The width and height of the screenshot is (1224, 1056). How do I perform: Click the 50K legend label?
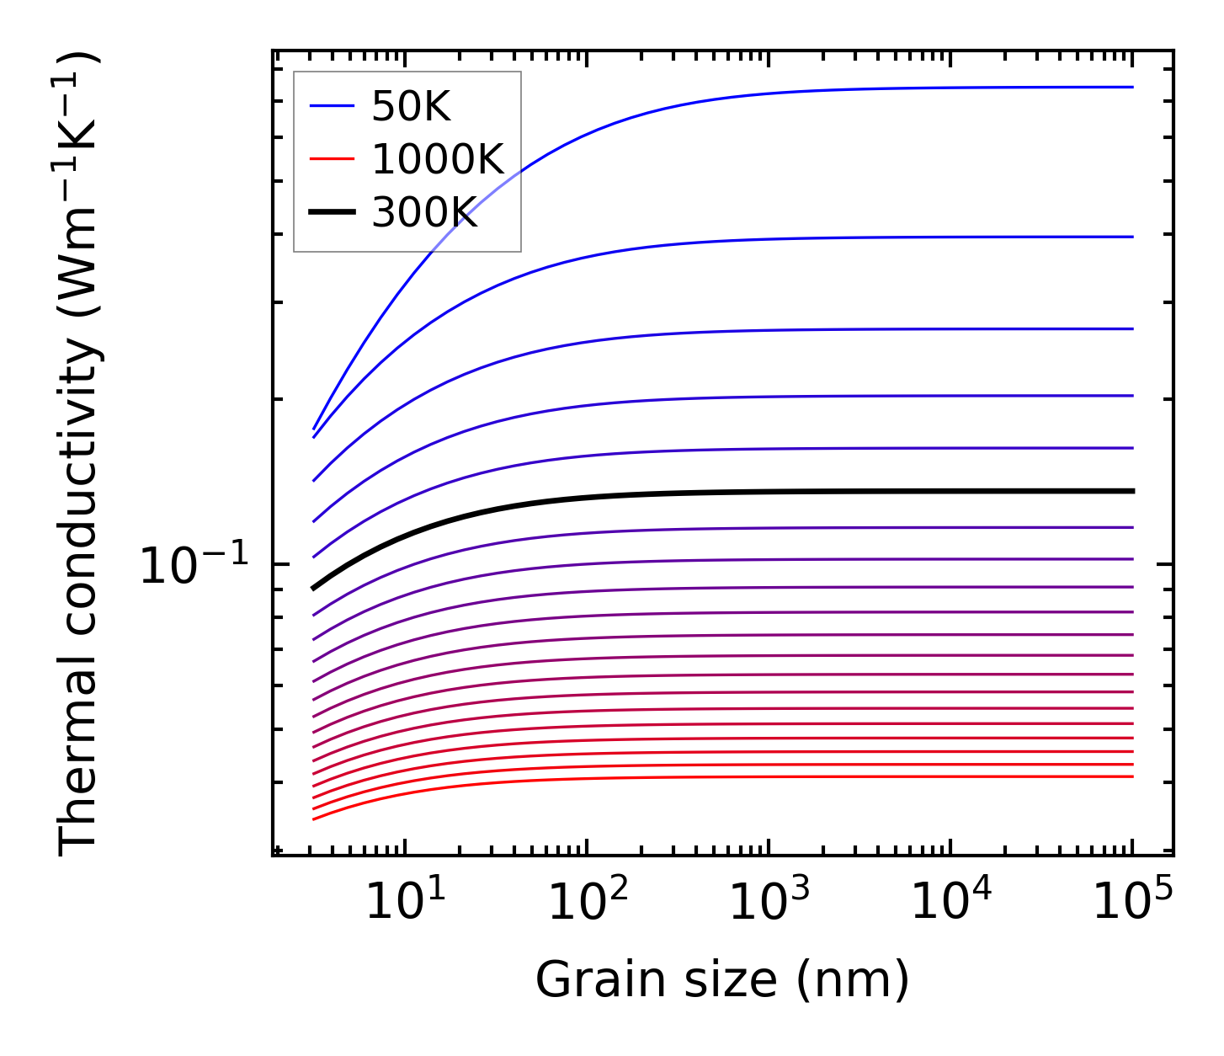[411, 107]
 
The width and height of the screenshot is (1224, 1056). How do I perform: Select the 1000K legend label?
[437, 159]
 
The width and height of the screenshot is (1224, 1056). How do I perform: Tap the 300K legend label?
[424, 213]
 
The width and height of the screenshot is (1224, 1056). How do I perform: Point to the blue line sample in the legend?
[333, 106]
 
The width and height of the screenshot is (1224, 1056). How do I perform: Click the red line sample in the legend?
[333, 159]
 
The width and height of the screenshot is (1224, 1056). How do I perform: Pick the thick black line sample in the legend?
[333, 213]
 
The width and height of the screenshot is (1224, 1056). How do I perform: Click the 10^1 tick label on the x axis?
[405, 904]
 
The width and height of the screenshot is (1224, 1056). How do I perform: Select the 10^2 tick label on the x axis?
[588, 904]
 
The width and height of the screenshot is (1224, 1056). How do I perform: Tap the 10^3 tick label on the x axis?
[769, 904]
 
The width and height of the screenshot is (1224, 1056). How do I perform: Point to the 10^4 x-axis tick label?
[951, 904]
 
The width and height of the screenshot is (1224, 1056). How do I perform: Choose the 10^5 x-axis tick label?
[1132, 904]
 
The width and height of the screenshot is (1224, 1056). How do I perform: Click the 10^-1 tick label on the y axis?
[194, 565]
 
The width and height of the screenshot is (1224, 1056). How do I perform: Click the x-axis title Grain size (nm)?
[722, 980]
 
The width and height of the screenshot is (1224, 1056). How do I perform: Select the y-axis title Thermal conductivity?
[79, 455]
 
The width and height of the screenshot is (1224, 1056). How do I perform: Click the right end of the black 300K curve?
[1132, 491]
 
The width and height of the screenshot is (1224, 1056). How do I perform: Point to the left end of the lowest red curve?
[314, 819]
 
